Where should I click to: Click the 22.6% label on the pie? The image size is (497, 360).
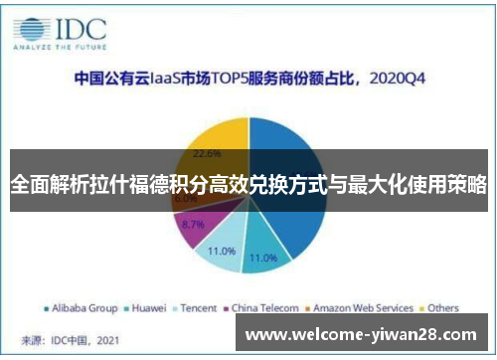tap(207, 153)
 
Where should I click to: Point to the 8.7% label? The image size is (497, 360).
tap(194, 225)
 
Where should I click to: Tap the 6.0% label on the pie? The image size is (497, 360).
tap(186, 199)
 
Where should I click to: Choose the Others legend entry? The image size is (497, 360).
tap(442, 307)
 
